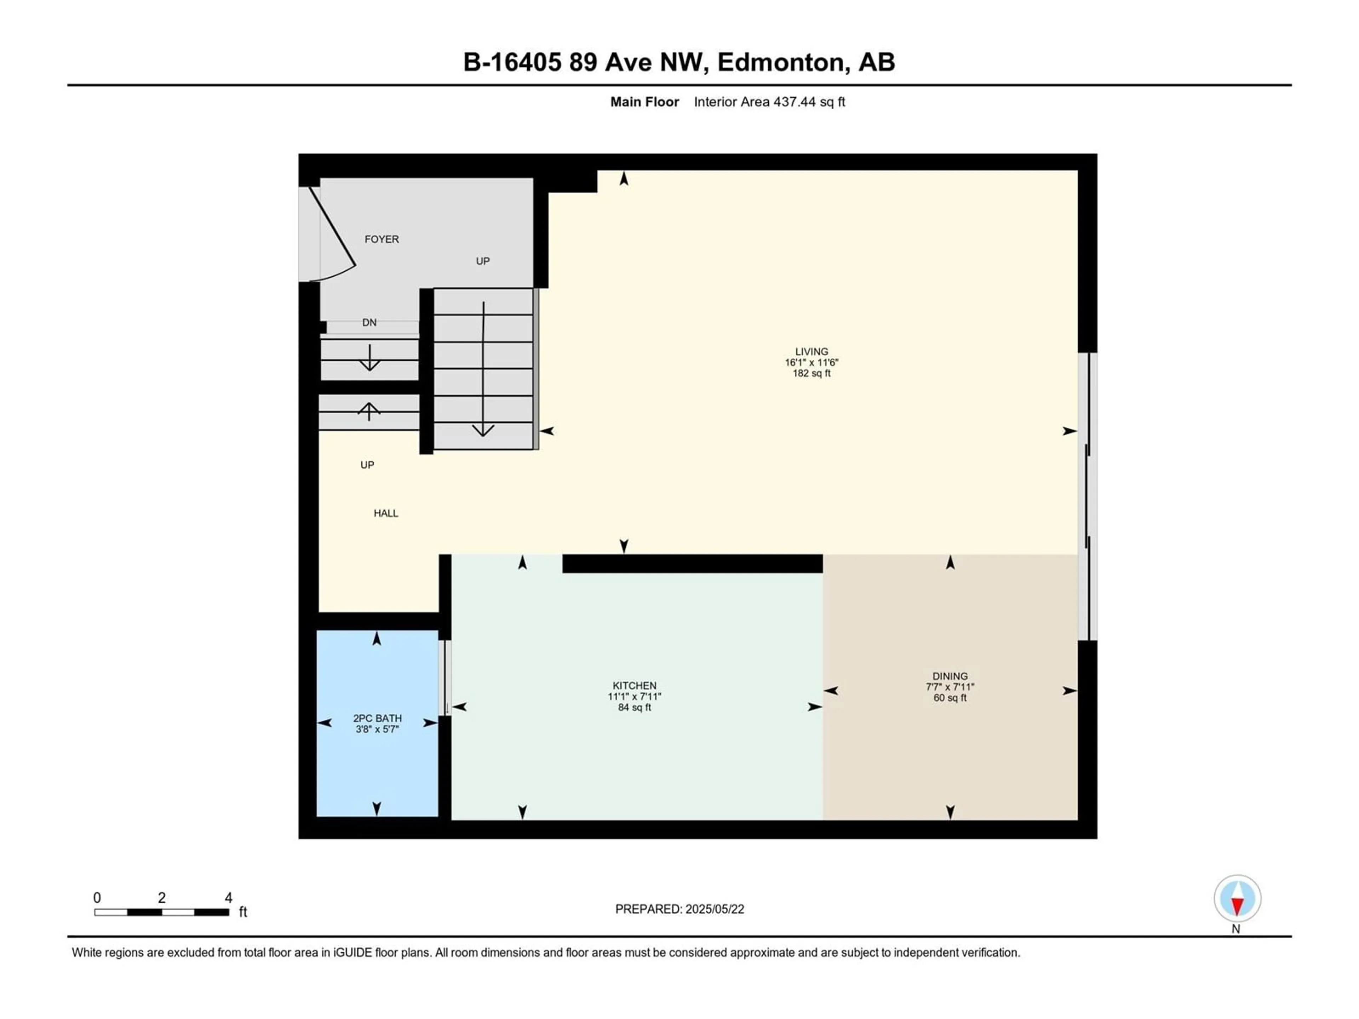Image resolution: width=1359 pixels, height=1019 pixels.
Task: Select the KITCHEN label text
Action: [x=635, y=685]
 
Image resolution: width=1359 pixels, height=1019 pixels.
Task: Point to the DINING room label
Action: [x=950, y=676]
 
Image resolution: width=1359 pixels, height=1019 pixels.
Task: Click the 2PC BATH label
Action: [x=377, y=718]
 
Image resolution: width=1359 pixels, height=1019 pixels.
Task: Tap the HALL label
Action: [x=386, y=513]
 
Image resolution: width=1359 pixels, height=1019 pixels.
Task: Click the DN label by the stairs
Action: [x=369, y=322]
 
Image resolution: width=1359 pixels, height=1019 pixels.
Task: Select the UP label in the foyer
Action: [x=483, y=261]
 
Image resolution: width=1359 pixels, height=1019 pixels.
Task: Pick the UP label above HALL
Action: [x=367, y=465]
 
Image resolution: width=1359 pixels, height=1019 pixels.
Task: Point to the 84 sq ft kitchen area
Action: [x=635, y=708]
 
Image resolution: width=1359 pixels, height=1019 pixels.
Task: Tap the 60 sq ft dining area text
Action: [x=950, y=698]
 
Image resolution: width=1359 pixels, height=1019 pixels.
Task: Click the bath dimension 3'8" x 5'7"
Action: [x=377, y=729]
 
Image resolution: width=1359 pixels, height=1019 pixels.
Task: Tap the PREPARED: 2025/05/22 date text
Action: [x=679, y=909]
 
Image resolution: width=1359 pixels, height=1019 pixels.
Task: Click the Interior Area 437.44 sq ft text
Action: [x=769, y=102]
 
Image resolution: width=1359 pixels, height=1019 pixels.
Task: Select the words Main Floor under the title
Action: [x=644, y=102]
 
